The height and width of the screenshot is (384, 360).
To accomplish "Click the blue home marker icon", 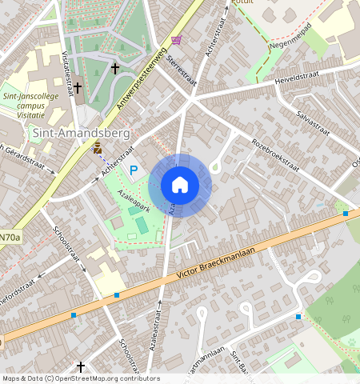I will [180, 185].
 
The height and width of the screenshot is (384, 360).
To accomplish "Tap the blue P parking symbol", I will [134, 170].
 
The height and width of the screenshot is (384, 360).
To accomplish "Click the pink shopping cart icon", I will [176, 40].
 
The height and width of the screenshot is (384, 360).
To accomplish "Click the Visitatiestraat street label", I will [67, 71].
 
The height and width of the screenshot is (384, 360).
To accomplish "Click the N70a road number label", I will [10, 237].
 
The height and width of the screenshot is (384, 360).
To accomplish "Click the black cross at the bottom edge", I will [80, 366].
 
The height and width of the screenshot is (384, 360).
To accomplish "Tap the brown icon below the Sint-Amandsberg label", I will [97, 147].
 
